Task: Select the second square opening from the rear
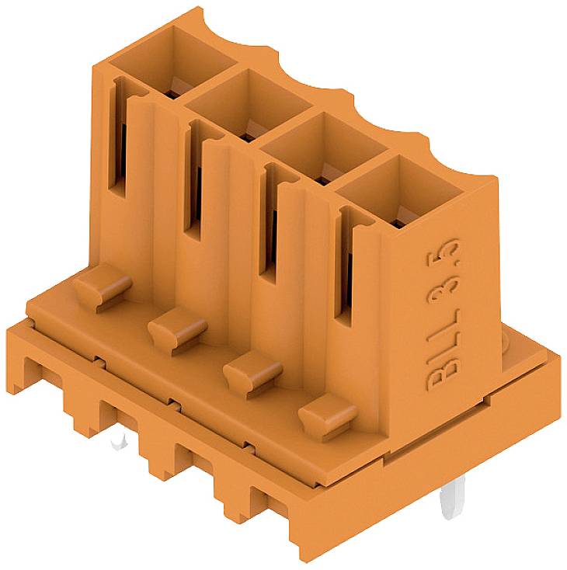click(250, 103)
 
